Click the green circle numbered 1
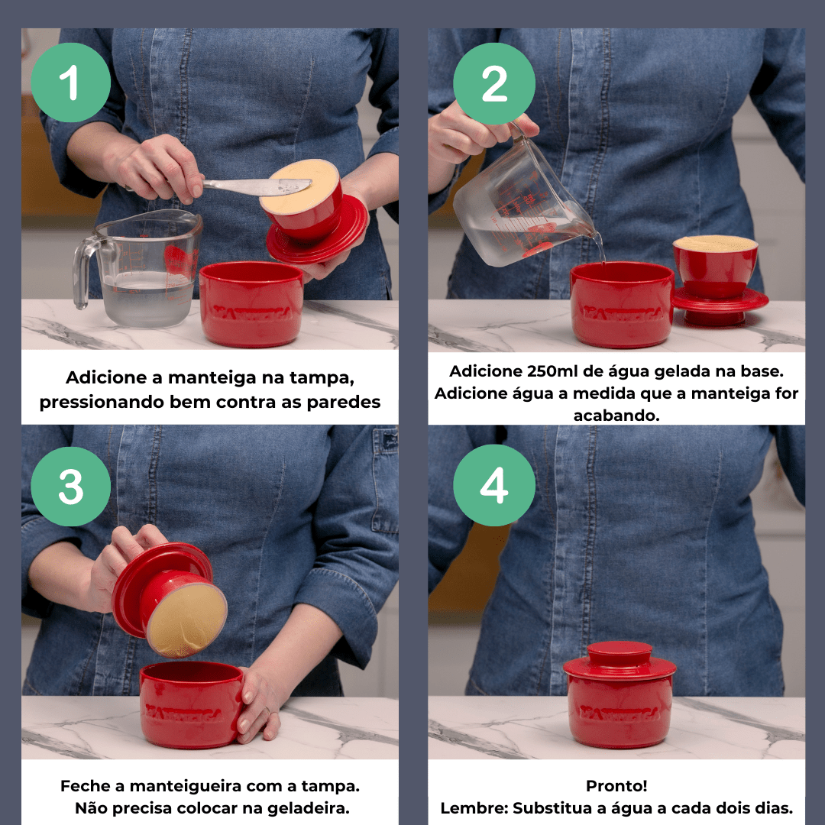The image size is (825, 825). click(70, 82)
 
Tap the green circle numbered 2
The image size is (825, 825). click(494, 83)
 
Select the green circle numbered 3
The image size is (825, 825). click(70, 486)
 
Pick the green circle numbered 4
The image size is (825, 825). click(494, 485)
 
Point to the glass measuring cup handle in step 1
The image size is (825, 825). click(84, 271)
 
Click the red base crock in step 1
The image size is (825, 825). click(251, 304)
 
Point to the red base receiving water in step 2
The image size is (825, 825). click(622, 304)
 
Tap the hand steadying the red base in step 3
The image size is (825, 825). click(260, 704)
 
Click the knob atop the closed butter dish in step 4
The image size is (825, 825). click(620, 653)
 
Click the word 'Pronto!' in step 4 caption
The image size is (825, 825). click(616, 785)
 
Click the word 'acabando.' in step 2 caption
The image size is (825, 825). click(616, 415)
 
